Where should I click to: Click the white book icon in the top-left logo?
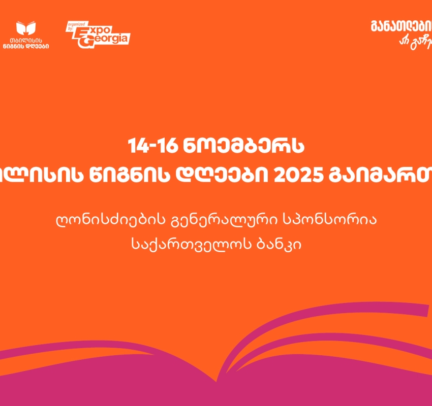27,28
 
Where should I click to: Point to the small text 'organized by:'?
73,26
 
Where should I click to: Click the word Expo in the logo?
91,30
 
